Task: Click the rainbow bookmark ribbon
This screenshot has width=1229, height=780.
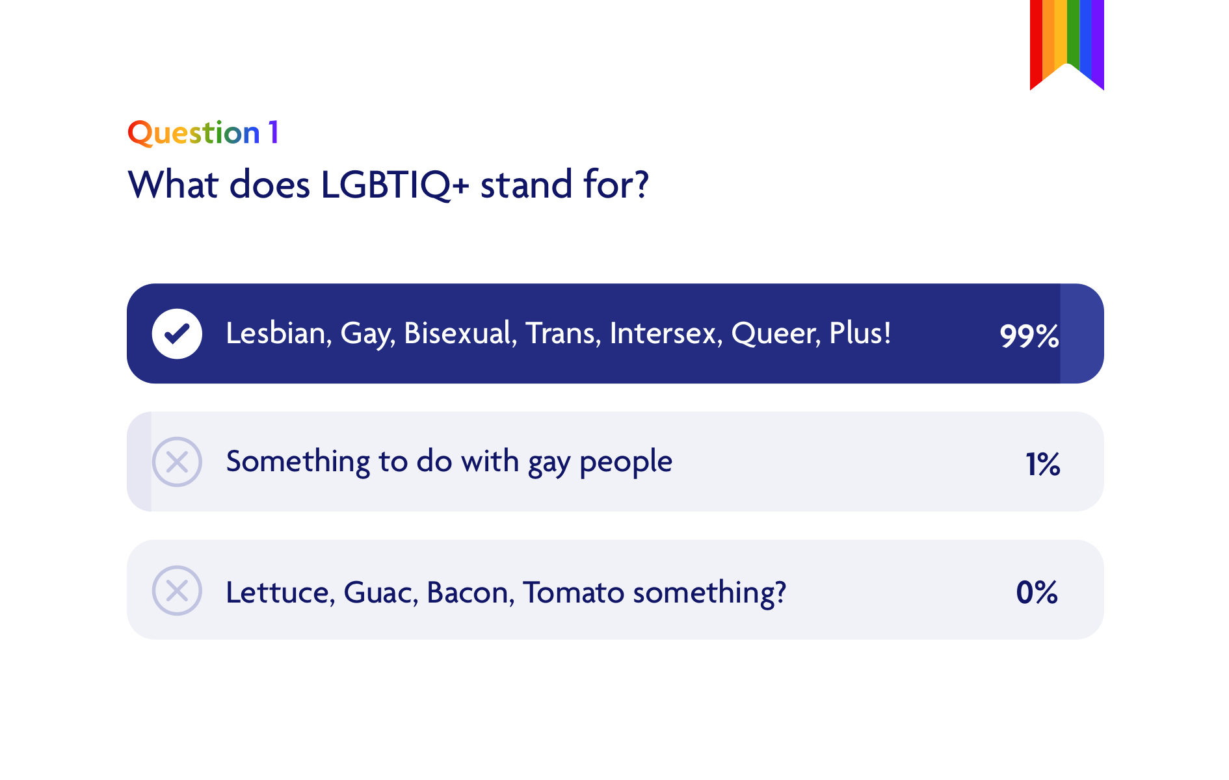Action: click(x=1066, y=39)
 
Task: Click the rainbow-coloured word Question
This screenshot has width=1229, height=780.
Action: click(x=193, y=133)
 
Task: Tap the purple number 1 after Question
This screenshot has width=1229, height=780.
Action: click(x=274, y=133)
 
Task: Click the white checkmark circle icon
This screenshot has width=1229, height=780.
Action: click(x=177, y=333)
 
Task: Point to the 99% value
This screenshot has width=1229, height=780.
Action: click(x=1029, y=335)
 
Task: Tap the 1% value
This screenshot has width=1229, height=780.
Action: click(x=1042, y=464)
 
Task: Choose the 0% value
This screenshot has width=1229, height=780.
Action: click(x=1037, y=592)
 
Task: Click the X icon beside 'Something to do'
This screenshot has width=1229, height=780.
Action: click(x=177, y=462)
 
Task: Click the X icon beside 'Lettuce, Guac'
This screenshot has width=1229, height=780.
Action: click(x=177, y=591)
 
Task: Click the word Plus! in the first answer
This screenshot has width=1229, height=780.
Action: click(x=860, y=333)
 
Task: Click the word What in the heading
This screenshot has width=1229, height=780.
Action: click(x=173, y=185)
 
